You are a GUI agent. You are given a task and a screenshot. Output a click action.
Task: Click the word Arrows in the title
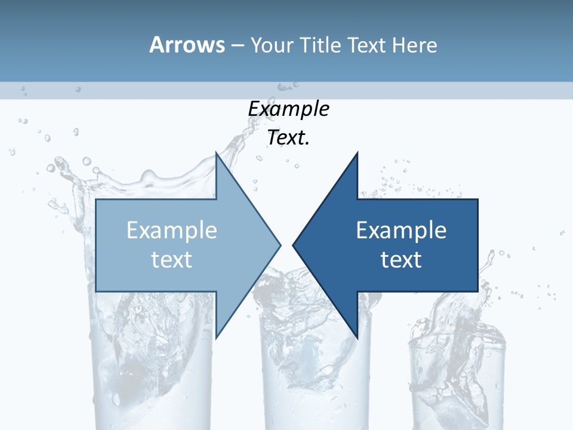click(187, 45)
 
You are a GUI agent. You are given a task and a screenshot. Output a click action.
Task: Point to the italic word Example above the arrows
click(288, 109)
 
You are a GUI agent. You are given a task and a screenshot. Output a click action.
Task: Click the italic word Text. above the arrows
click(288, 138)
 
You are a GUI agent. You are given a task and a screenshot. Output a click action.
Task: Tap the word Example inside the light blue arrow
click(172, 231)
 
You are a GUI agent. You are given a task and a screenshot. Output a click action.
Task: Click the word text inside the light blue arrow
click(172, 259)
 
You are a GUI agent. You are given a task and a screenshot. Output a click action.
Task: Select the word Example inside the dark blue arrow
click(401, 231)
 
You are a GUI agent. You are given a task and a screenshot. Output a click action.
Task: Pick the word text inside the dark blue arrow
click(401, 259)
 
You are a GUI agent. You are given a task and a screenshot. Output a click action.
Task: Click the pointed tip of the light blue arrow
click(280, 245)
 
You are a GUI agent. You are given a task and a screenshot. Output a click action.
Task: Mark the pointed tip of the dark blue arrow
click(293, 245)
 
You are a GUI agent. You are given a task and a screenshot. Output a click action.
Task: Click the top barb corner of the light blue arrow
click(216, 153)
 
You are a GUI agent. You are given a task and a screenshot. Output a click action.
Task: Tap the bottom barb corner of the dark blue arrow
click(357, 337)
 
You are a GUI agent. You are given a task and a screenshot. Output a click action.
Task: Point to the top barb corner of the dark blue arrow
click(357, 153)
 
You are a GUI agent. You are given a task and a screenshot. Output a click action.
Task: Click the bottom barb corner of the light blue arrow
click(216, 337)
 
